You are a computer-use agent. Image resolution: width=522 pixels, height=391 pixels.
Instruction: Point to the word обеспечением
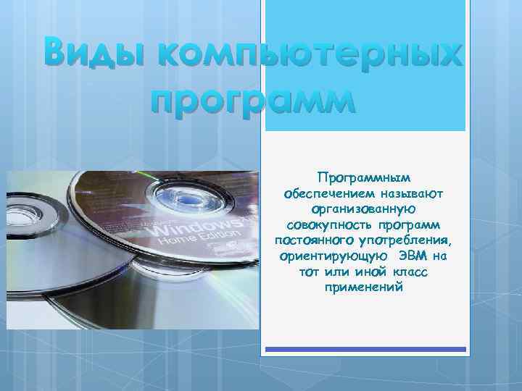click(331, 193)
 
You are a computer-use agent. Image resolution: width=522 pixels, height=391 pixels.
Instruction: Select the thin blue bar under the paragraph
click(365, 349)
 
